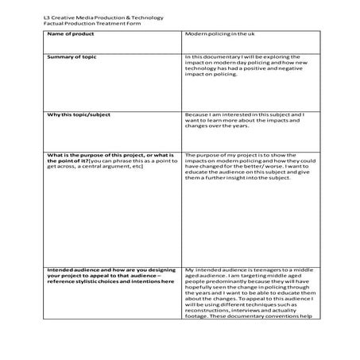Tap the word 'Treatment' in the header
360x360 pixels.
tap(106, 22)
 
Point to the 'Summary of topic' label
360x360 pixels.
tap(70, 56)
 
